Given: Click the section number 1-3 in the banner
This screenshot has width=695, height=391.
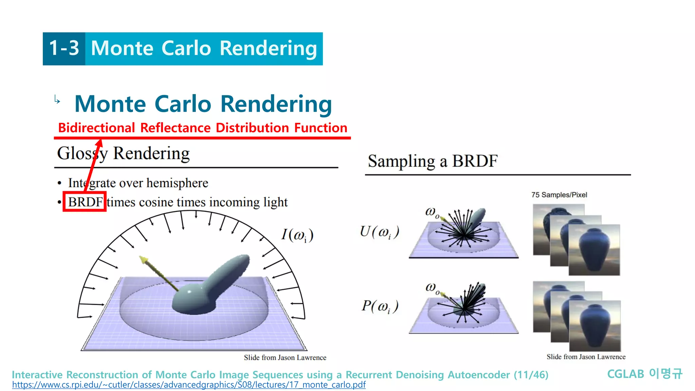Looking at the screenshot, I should (64, 48).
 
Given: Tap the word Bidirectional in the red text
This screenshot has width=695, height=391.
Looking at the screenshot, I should (97, 128).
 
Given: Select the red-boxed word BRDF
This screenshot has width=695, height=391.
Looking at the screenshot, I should (85, 202).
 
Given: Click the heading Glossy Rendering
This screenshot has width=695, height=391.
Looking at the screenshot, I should (123, 153).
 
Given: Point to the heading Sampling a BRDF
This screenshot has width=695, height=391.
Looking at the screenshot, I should (432, 161).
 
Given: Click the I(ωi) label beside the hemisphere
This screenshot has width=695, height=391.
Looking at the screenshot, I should (297, 235).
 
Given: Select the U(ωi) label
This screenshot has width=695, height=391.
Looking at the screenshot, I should (379, 232).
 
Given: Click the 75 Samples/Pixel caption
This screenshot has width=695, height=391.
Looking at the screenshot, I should (559, 195).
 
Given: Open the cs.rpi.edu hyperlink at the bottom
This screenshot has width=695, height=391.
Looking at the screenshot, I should (189, 385).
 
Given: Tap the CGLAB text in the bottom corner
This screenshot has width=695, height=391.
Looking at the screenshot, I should (625, 374).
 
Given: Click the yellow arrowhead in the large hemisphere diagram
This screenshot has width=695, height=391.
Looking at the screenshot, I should (144, 260).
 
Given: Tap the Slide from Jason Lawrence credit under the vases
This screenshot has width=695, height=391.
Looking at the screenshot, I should (586, 357).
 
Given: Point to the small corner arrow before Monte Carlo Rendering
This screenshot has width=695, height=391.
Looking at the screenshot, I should (57, 100).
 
